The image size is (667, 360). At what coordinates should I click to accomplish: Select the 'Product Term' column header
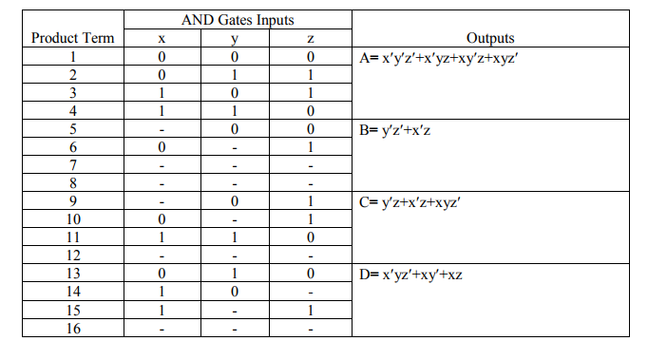(x=73, y=38)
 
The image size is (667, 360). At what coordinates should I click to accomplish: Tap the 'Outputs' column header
(x=490, y=38)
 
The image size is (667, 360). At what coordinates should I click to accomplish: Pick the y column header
(x=234, y=38)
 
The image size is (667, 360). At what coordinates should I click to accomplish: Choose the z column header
(x=310, y=38)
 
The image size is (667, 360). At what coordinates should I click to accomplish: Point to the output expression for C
(x=415, y=201)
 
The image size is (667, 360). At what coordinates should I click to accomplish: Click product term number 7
(x=73, y=165)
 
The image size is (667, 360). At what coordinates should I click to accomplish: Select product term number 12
(x=73, y=256)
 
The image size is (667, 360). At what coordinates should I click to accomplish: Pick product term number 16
(x=73, y=328)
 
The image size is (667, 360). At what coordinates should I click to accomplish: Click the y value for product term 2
(x=234, y=75)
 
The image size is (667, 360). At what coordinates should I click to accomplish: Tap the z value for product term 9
(x=310, y=201)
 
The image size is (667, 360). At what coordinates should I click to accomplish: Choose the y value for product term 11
(x=234, y=237)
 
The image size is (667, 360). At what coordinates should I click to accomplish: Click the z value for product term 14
(x=310, y=292)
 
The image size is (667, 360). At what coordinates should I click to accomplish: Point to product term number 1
(x=73, y=57)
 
